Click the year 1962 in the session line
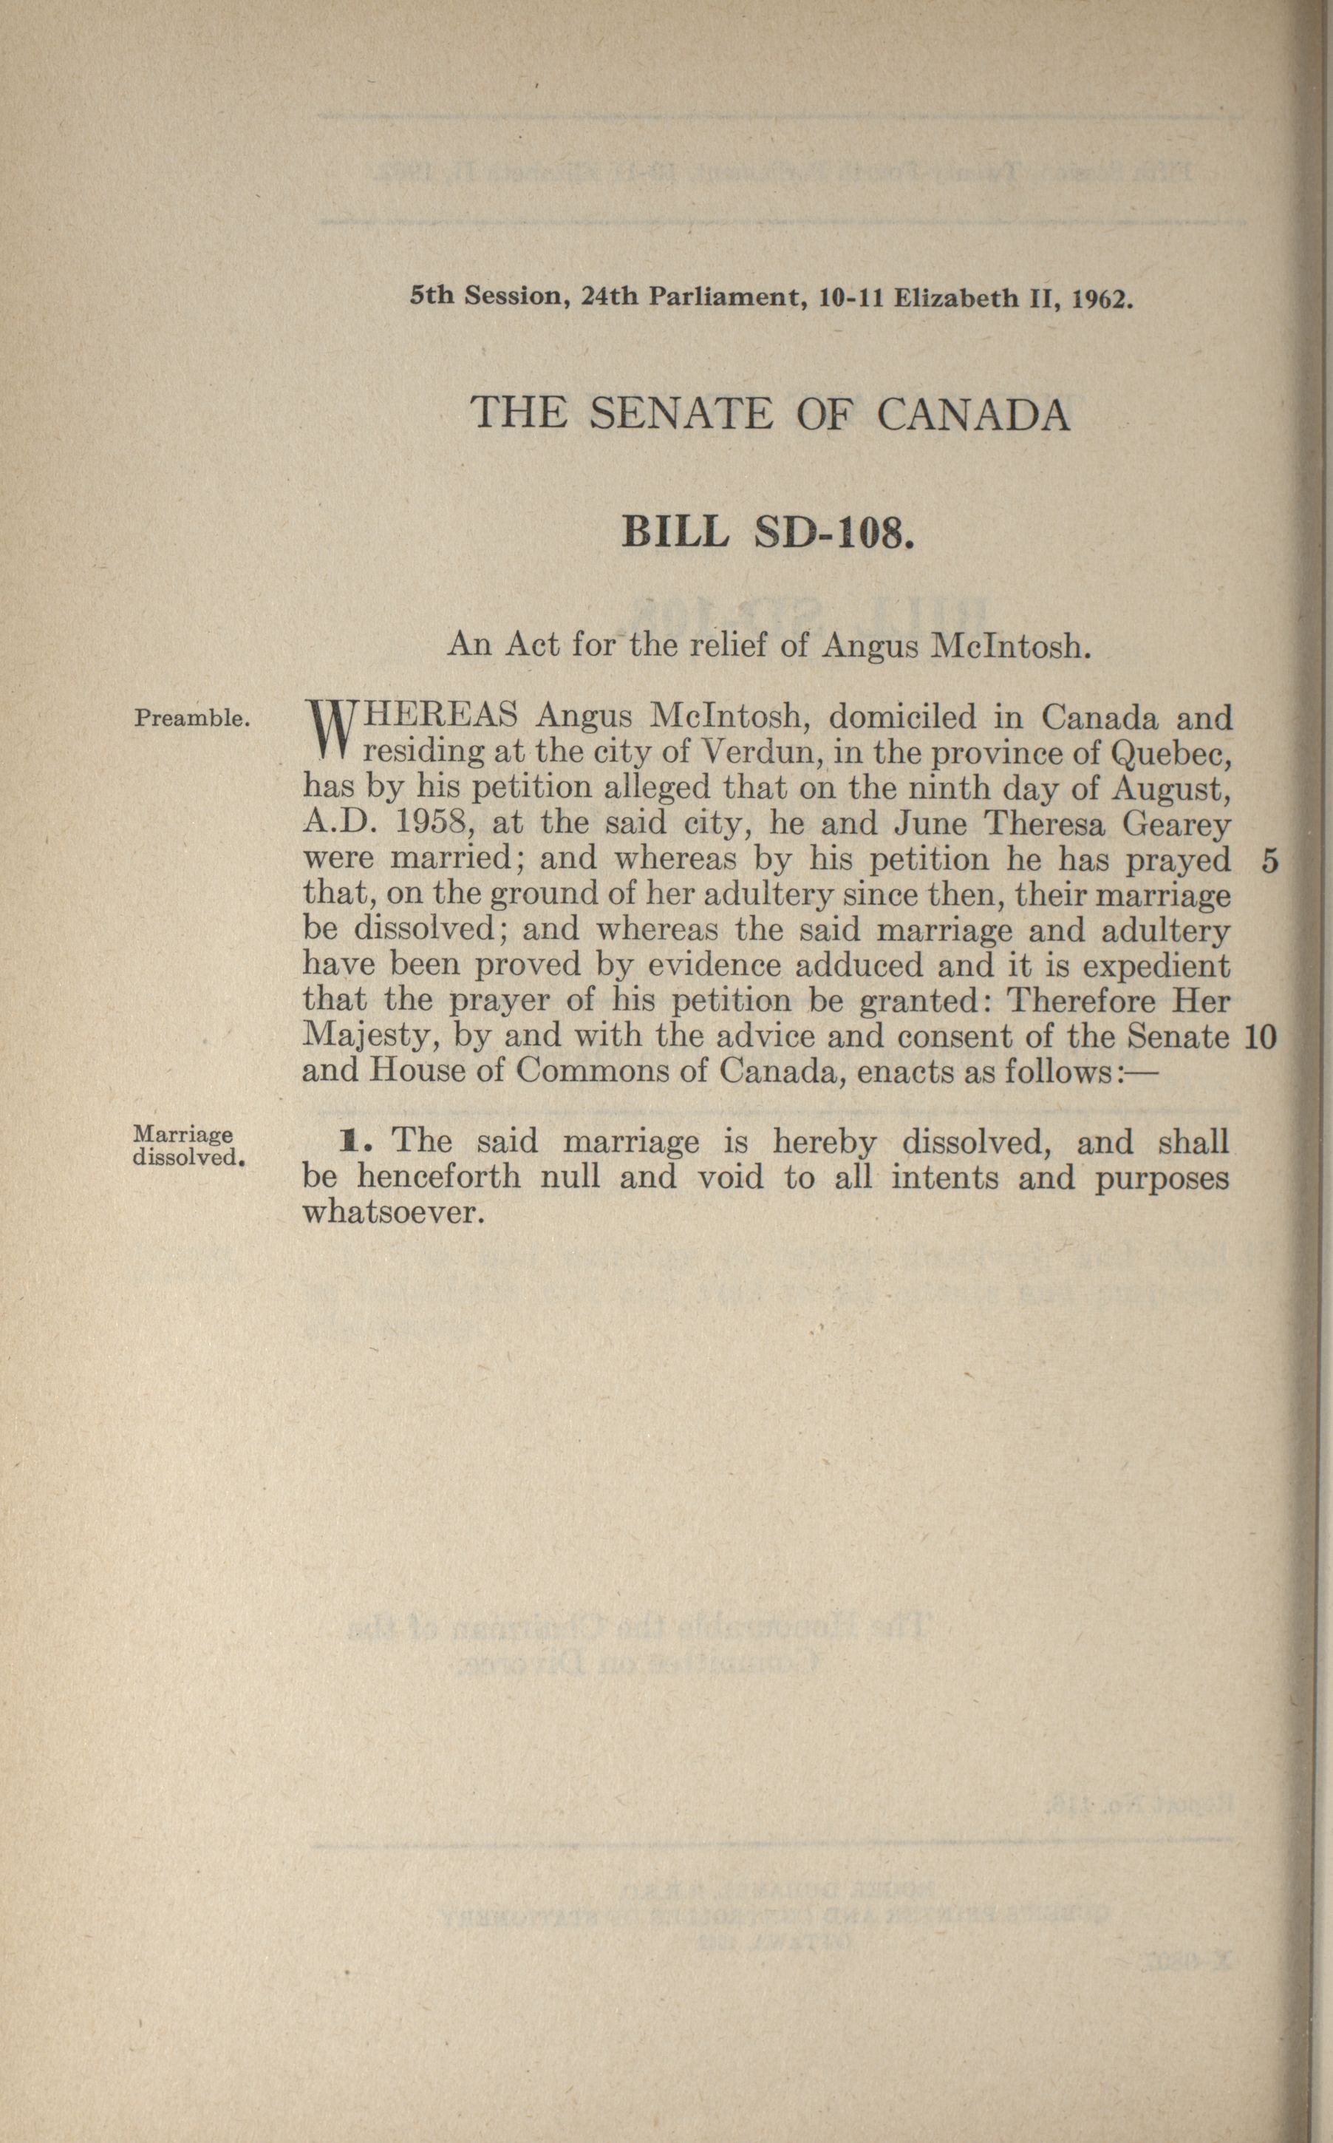coord(1100,298)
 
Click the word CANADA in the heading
coord(973,414)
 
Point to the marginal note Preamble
coord(192,718)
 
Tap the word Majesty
coord(369,1037)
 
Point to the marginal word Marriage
coord(183,1135)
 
